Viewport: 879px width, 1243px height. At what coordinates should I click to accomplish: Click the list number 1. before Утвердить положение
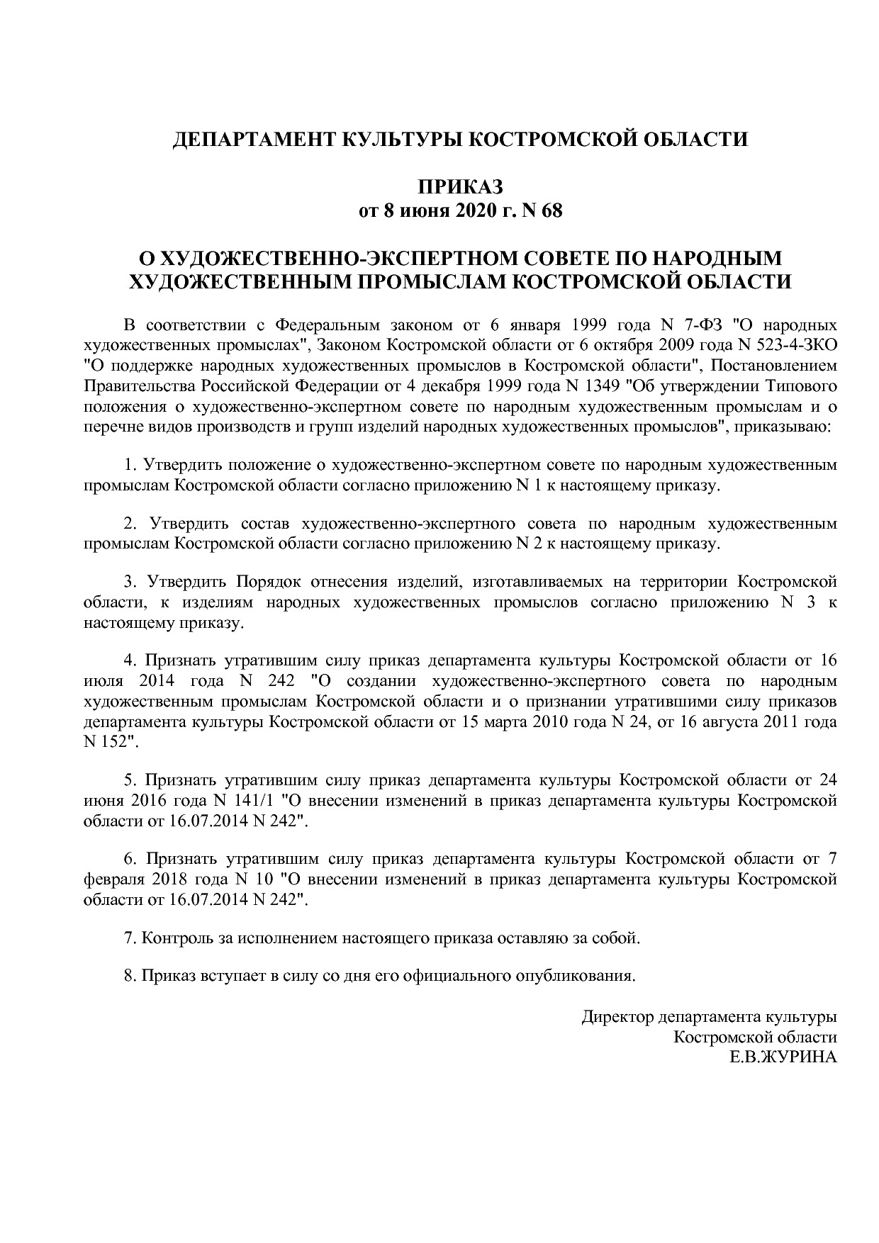(x=130, y=466)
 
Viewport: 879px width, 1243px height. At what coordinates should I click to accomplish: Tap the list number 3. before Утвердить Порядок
(x=130, y=582)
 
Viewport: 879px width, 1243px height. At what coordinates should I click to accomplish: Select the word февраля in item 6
(x=113, y=879)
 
